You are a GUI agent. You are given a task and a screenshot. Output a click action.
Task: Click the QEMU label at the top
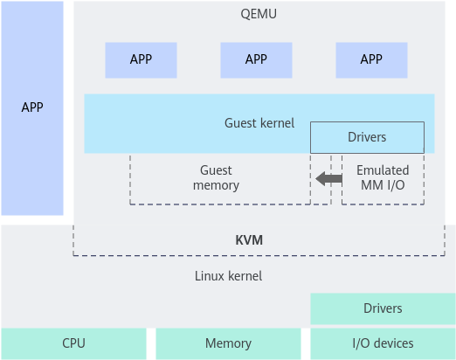[x=259, y=14]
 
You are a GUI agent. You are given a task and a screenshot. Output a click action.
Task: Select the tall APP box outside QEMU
[x=32, y=108]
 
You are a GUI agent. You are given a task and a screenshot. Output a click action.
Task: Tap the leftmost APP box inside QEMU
[x=141, y=60]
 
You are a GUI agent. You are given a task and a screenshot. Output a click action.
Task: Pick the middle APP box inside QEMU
[x=256, y=60]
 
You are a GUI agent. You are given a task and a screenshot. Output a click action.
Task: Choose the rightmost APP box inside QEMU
[x=371, y=60]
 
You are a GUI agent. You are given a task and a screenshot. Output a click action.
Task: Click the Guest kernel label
[x=259, y=123]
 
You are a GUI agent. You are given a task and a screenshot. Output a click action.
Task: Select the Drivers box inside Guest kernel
[x=367, y=137]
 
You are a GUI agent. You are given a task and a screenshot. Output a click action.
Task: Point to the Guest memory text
[x=216, y=177]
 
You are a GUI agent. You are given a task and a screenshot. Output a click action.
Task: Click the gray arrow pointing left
[x=328, y=178]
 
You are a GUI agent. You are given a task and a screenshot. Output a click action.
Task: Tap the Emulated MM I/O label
[x=383, y=177]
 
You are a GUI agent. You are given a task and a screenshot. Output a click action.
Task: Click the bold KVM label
[x=249, y=240]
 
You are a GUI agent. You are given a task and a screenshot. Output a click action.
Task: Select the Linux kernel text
[x=228, y=276]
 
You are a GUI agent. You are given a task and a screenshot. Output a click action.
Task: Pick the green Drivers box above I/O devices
[x=383, y=308]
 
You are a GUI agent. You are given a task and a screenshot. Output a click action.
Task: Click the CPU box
[x=73, y=343]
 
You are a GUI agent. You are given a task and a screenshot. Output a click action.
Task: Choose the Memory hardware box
[x=228, y=343]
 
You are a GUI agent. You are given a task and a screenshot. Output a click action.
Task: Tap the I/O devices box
[x=383, y=343]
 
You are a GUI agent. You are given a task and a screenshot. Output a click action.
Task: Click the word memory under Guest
[x=216, y=185]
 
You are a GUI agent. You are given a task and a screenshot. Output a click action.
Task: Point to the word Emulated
[x=383, y=170]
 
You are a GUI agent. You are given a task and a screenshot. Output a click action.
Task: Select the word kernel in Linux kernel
[x=245, y=276]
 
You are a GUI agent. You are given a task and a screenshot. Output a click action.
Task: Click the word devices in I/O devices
[x=394, y=343]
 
